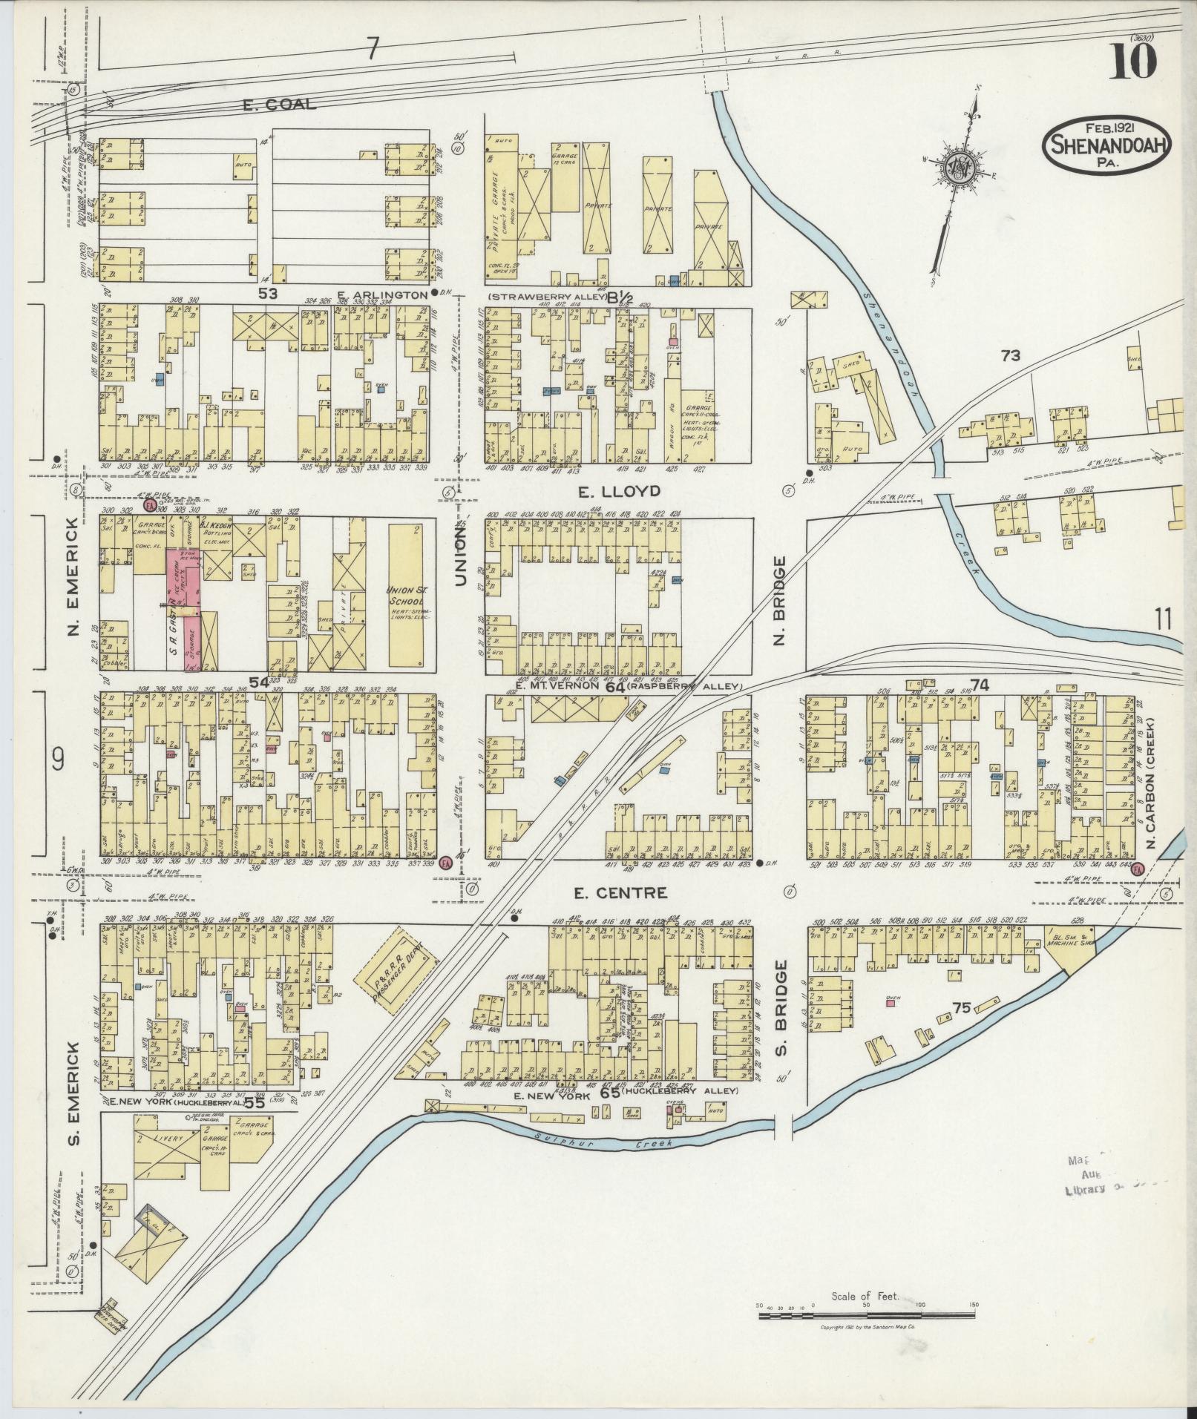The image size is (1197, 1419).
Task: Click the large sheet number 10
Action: (x=1133, y=61)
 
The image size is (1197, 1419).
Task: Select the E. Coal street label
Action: (x=279, y=105)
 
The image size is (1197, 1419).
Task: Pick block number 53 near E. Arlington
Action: (x=268, y=294)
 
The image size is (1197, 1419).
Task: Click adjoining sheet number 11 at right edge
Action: (x=1163, y=618)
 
